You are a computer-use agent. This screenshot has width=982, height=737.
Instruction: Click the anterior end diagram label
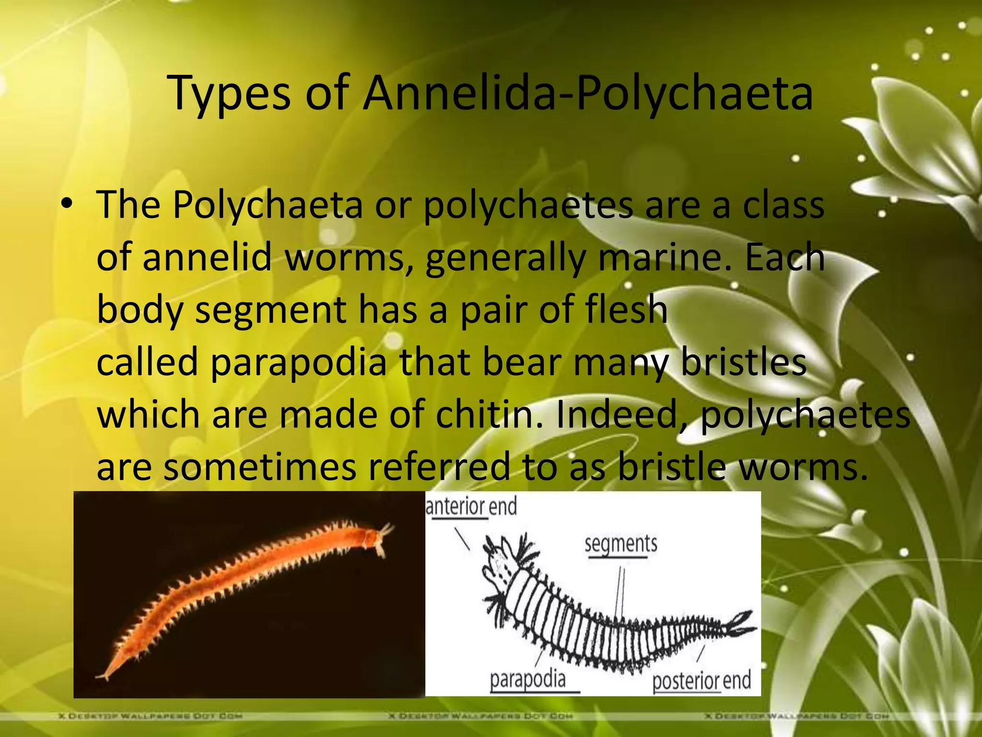click(471, 507)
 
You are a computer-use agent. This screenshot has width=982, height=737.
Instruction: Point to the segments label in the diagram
click(620, 544)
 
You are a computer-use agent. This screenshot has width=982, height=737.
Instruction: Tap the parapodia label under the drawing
click(527, 679)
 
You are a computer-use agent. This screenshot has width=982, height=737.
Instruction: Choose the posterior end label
click(701, 680)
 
